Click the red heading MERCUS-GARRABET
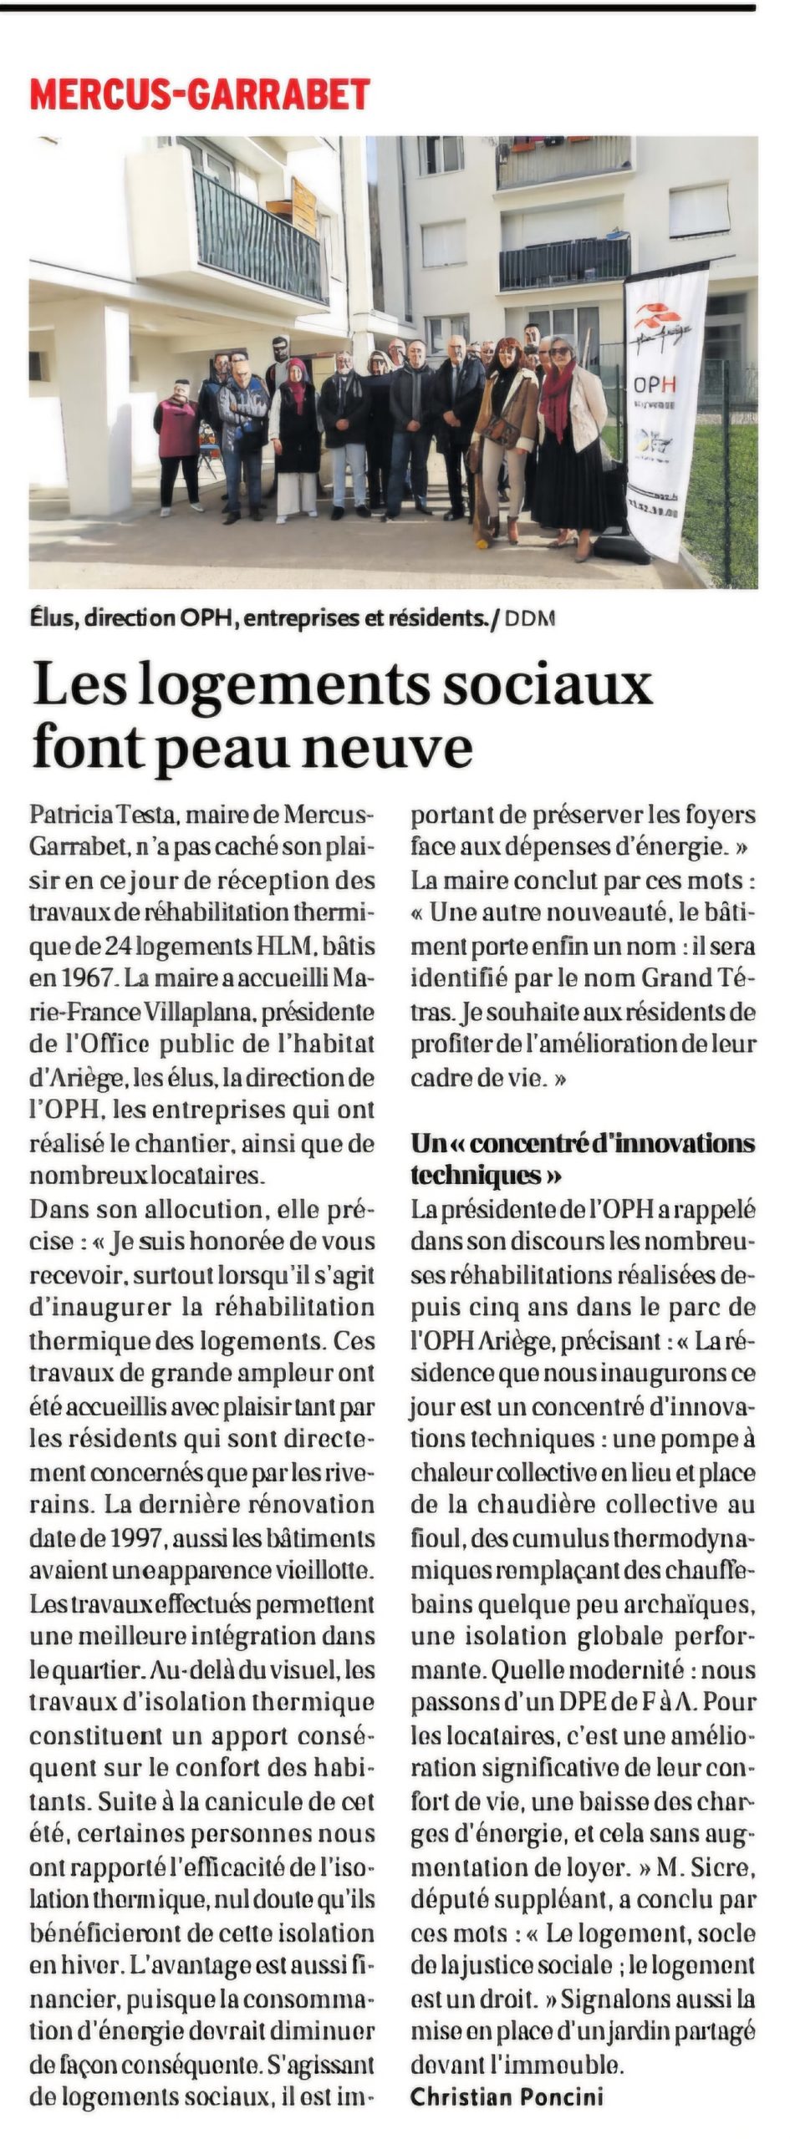200,94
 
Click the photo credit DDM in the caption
531,619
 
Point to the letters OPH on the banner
655,385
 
